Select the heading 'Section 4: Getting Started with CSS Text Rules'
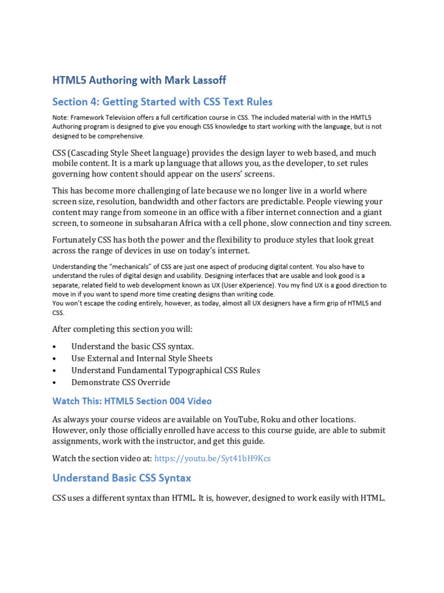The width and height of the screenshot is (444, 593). (x=162, y=102)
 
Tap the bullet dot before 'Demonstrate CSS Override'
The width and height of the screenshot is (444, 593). (x=54, y=383)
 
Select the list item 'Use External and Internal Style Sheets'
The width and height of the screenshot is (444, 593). (x=142, y=358)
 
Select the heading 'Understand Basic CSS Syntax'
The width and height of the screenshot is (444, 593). (x=121, y=478)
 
